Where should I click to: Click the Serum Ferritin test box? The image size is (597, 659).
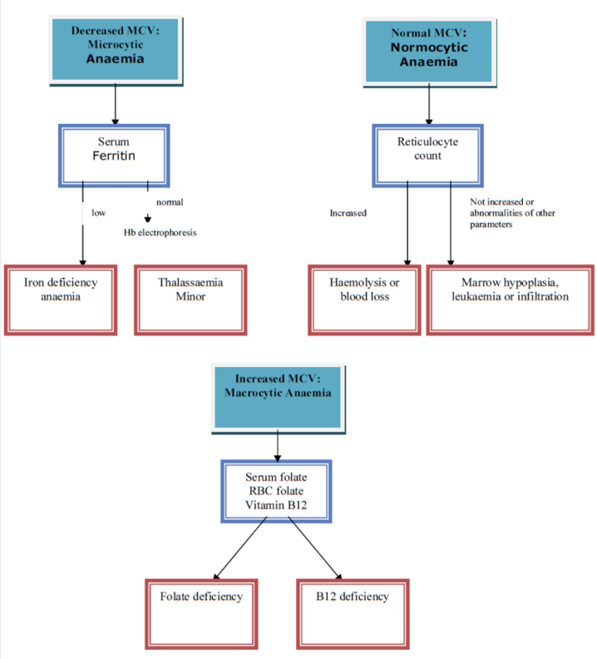tap(114, 155)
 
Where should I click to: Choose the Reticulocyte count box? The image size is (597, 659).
tap(428, 155)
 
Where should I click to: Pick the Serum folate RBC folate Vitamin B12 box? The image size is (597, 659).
tap(276, 491)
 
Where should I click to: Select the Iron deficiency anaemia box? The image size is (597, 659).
tap(61, 300)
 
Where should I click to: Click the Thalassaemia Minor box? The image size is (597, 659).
tap(190, 300)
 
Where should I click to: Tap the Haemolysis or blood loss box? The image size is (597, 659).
tap(365, 300)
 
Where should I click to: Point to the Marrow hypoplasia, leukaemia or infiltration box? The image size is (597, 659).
tap(510, 300)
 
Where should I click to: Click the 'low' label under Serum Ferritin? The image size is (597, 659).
tap(98, 213)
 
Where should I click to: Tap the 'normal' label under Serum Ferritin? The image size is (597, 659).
tap(169, 202)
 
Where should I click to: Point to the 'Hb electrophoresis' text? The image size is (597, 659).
tap(160, 233)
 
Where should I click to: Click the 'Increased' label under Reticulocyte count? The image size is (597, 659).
tap(348, 213)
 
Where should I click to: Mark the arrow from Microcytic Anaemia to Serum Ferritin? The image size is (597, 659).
tap(115, 104)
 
